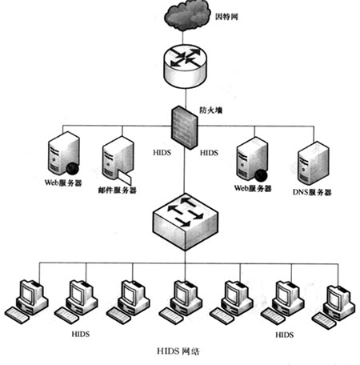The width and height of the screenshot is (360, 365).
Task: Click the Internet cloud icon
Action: point(186,15)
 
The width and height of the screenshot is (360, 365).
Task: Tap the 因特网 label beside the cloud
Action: point(226,17)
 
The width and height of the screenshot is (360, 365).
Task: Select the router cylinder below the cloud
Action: point(185,66)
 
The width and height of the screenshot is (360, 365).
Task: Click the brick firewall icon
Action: point(185,127)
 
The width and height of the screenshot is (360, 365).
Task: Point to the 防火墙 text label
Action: point(211,110)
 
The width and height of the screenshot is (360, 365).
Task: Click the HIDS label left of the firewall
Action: point(162,153)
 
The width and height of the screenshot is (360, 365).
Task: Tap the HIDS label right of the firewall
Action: point(209,153)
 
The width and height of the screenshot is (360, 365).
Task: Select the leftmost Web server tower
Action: point(64,153)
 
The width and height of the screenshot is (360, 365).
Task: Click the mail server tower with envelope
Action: point(118,160)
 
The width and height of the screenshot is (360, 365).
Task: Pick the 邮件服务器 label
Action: point(118,191)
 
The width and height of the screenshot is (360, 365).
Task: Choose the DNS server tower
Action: point(313,163)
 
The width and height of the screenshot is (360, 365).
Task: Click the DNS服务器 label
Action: point(312,192)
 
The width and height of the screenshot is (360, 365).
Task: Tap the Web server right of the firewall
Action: point(252,159)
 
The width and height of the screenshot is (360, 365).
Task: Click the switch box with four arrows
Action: point(186,222)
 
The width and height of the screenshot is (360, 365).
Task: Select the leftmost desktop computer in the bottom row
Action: point(26,302)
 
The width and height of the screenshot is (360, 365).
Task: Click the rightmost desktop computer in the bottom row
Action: point(334,307)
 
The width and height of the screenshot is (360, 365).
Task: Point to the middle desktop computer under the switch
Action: point(180,303)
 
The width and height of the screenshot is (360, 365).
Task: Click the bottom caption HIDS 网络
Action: point(178,351)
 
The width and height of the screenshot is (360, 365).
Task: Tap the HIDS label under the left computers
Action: point(81,334)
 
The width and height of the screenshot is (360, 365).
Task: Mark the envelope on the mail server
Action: point(125,178)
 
